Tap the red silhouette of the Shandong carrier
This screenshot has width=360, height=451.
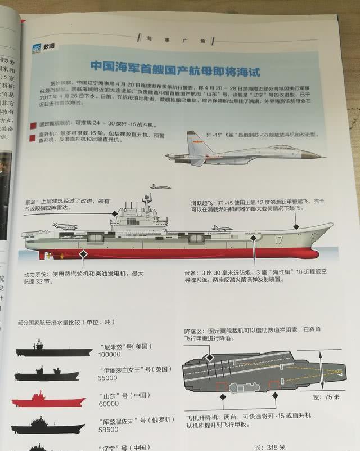tap(48, 400)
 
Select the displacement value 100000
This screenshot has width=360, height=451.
tap(110, 355)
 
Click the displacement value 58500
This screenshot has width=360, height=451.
tap(110, 428)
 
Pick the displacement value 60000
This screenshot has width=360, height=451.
tap(109, 404)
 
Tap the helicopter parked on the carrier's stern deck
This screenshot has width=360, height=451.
tap(64, 226)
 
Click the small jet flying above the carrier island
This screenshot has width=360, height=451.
tap(160, 186)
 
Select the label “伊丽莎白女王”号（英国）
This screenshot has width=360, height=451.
tap(129, 369)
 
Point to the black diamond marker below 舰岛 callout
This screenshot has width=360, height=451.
tap(115, 213)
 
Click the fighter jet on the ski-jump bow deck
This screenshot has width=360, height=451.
tap(222, 228)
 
